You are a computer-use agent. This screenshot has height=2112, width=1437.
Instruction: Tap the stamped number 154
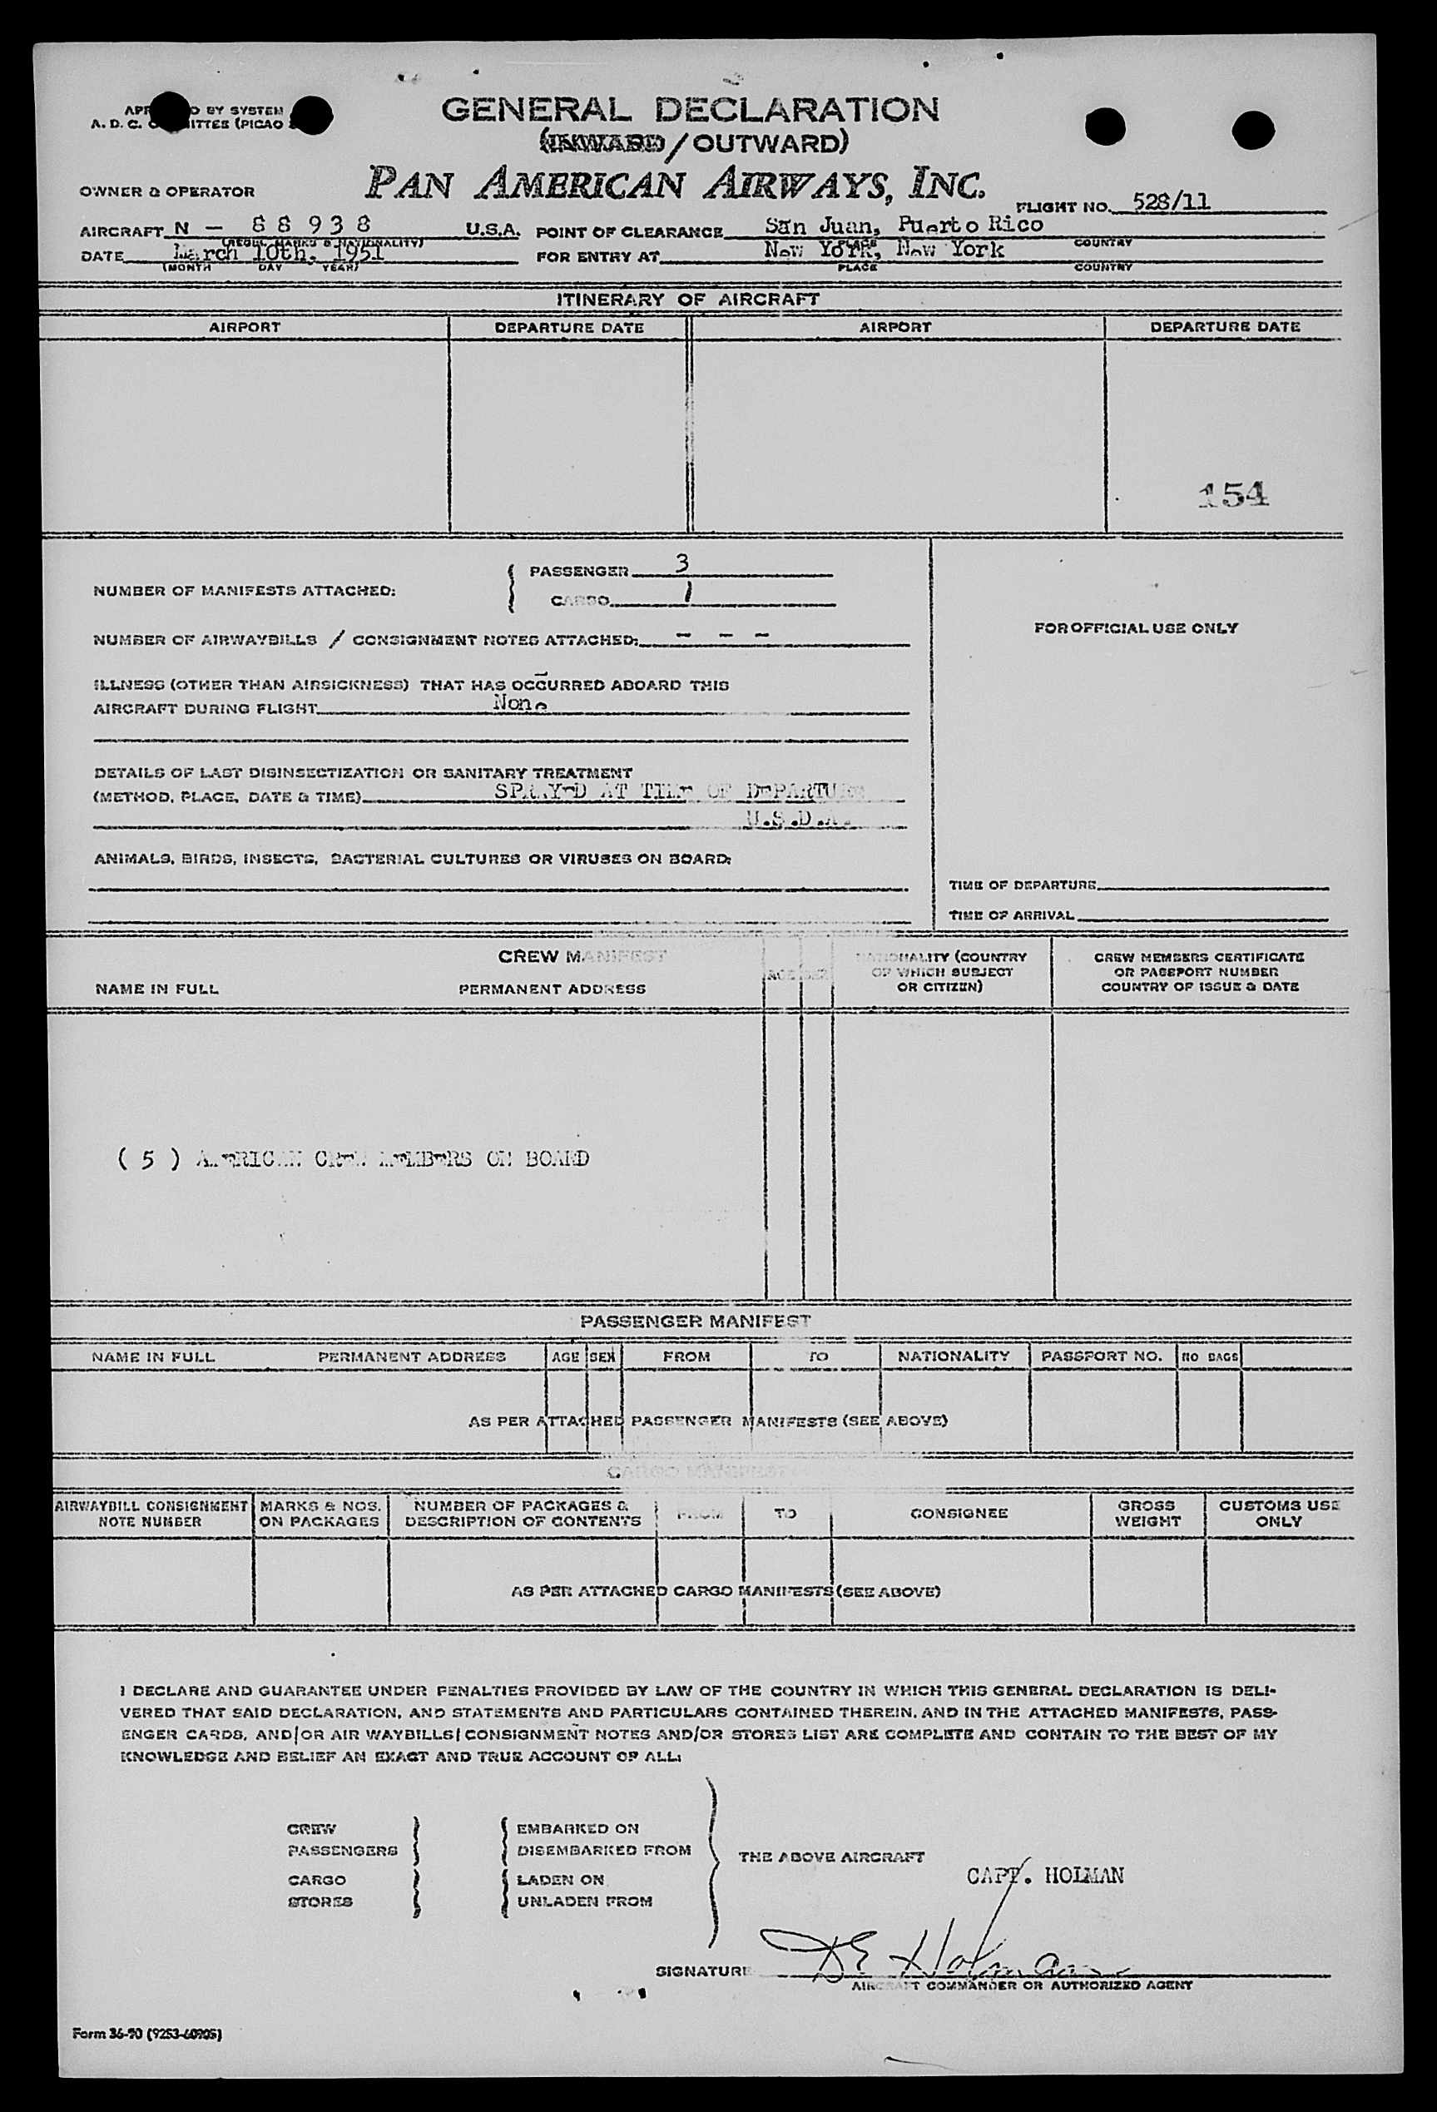[1233, 493]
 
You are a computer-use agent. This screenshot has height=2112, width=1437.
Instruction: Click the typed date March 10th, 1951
[278, 253]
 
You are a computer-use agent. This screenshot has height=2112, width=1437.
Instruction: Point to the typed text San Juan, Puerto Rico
[903, 225]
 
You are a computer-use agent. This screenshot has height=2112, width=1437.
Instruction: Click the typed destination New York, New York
[884, 249]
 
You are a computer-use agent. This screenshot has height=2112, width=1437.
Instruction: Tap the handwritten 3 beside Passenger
[681, 564]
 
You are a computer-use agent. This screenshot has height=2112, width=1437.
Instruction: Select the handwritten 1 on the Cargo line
[688, 593]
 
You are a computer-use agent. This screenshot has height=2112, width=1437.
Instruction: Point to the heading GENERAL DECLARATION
[690, 110]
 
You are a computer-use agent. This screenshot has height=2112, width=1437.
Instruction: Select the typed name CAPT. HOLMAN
[1044, 1875]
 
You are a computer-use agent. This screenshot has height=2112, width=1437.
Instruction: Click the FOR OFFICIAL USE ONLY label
[1135, 628]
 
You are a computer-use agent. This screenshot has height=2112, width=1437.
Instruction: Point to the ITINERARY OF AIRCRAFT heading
[688, 299]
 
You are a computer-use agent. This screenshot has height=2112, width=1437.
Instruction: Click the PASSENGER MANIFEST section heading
[696, 1321]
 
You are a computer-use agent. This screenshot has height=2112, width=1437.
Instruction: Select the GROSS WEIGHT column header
[1147, 1513]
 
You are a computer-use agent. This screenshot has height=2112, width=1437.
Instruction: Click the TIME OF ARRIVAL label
[1011, 915]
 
